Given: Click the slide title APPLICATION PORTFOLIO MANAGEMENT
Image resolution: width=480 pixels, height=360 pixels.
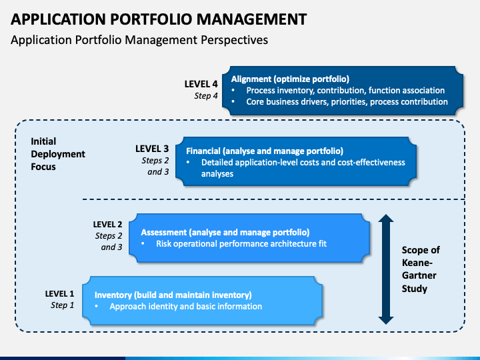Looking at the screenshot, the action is [x=159, y=19].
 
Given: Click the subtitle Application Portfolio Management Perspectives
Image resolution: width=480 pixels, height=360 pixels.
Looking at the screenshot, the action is [x=139, y=40].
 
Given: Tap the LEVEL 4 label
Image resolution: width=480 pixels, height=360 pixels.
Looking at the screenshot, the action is [x=201, y=84].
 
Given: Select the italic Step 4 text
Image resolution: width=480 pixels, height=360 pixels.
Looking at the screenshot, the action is [x=206, y=96].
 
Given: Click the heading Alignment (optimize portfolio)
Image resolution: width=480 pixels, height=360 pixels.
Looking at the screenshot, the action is [x=290, y=79].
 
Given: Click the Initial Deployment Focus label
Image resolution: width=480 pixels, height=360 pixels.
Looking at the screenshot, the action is [x=58, y=154].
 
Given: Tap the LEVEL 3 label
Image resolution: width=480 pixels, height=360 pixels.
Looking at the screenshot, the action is [x=152, y=149].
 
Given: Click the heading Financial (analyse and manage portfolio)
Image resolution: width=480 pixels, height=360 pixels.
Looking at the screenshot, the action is [x=265, y=151].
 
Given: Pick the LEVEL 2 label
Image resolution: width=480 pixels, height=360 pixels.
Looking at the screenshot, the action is [x=107, y=225].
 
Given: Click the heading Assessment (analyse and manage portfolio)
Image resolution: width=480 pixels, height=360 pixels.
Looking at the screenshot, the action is [x=225, y=233].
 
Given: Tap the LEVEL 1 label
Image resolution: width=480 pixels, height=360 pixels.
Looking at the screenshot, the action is [x=59, y=294].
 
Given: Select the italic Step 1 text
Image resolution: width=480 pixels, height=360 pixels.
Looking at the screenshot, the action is [x=63, y=305].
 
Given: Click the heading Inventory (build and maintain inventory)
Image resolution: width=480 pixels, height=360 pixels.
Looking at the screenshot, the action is [x=173, y=295].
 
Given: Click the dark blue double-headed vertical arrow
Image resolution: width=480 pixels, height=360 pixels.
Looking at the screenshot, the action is [x=386, y=269].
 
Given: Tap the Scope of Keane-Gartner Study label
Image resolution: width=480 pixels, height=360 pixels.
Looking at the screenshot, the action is [x=421, y=269].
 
